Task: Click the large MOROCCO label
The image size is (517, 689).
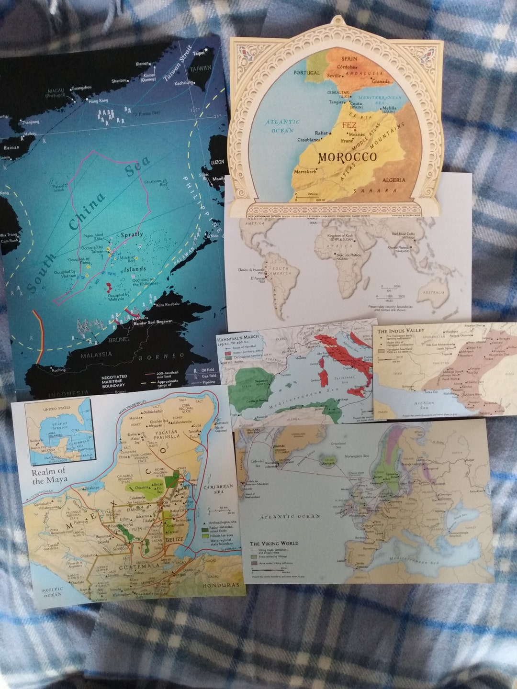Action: (x=347, y=157)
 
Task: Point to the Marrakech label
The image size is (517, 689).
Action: (x=305, y=171)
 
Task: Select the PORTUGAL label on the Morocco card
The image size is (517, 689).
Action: (x=306, y=73)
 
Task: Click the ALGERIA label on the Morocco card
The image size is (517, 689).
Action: (x=393, y=180)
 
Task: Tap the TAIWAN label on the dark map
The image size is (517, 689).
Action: (x=200, y=68)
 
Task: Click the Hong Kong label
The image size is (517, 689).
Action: (x=99, y=101)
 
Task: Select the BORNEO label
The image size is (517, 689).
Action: (x=161, y=356)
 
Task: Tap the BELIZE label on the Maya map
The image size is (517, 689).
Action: (x=174, y=540)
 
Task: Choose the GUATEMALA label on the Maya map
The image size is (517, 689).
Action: (x=139, y=566)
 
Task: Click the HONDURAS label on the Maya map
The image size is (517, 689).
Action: (x=220, y=585)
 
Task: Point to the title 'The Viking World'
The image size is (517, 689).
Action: (x=274, y=544)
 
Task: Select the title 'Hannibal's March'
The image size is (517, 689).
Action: (x=238, y=337)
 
